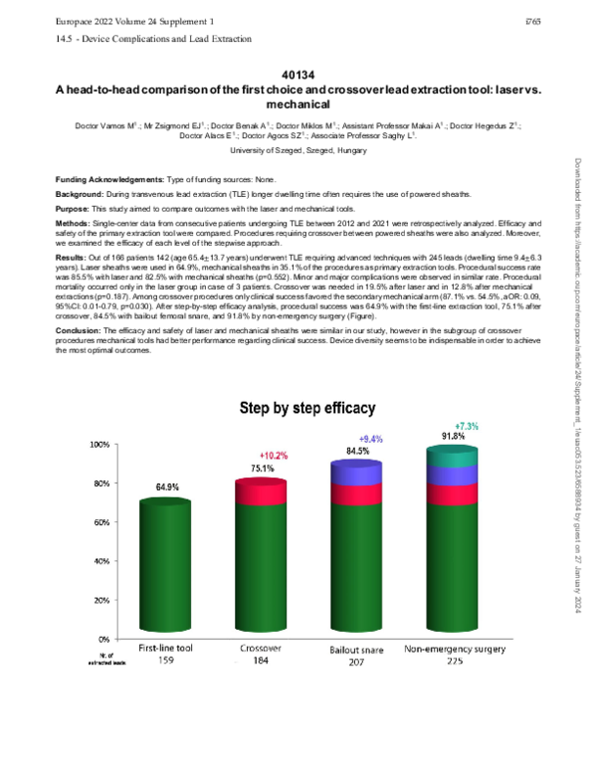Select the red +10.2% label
click(274, 456)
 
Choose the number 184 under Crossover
click(261, 661)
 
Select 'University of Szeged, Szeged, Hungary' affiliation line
click(298, 147)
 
